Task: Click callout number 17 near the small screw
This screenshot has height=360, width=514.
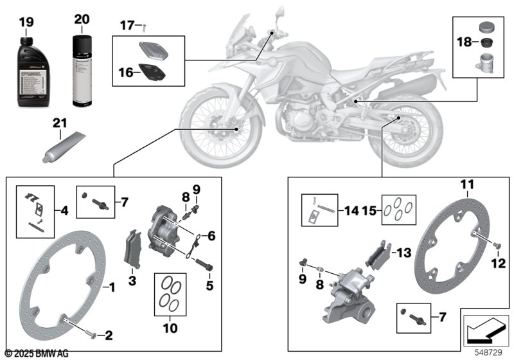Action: (x=127, y=26)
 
